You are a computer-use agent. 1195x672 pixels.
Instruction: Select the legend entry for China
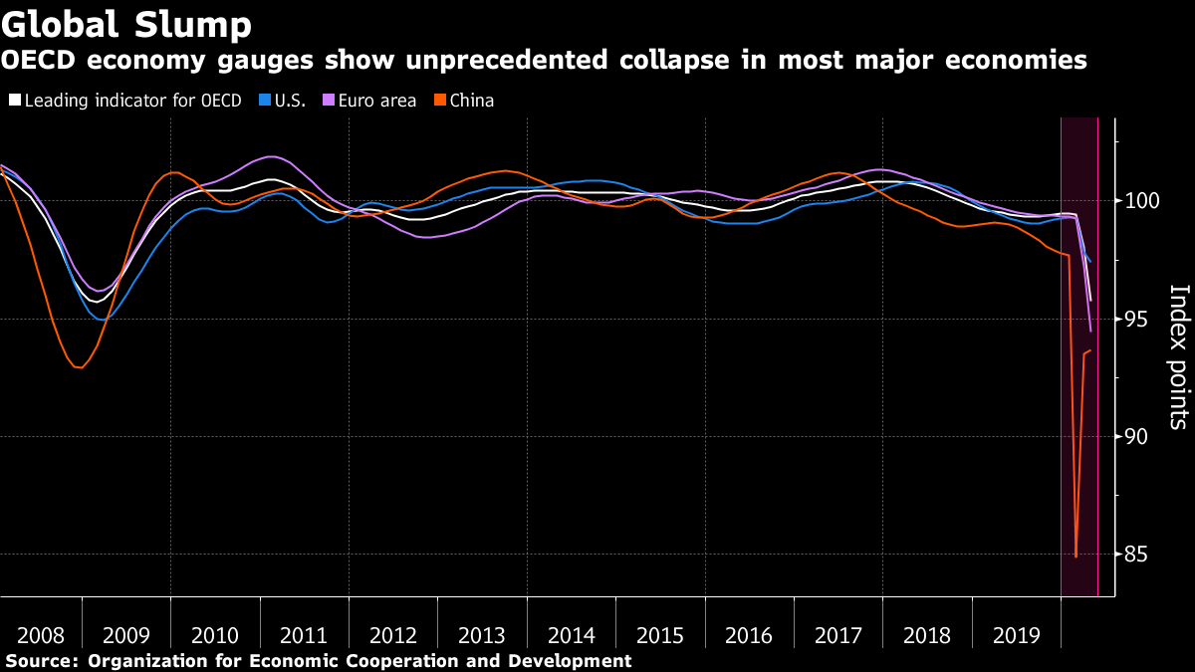point(471,101)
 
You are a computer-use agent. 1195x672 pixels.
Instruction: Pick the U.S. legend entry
point(288,101)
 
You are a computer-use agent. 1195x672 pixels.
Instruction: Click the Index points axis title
point(1178,356)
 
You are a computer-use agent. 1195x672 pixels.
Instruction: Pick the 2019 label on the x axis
point(1017,635)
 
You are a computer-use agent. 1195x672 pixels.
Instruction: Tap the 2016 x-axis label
point(750,635)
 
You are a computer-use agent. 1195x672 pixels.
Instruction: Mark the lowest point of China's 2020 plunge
point(1076,557)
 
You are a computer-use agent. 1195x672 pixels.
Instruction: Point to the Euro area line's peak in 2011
point(271,156)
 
